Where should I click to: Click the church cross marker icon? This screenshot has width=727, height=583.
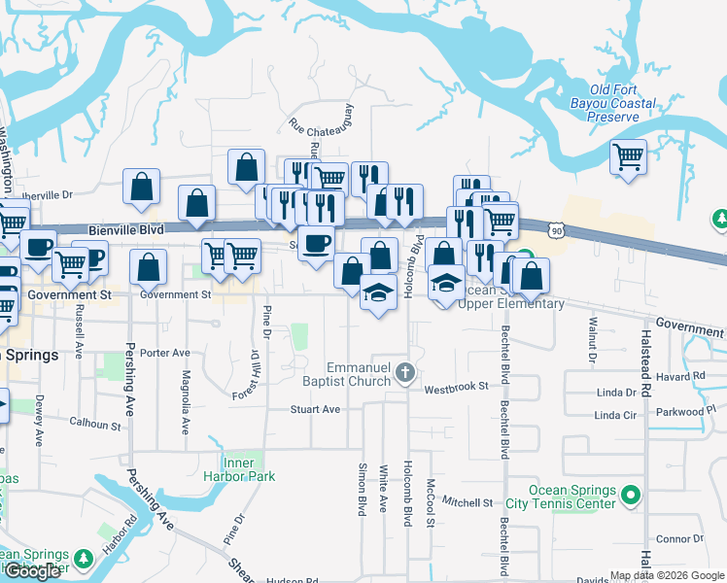[406, 372]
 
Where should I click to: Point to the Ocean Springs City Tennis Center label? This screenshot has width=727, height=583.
[572, 497]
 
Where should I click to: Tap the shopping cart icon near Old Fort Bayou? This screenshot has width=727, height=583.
[629, 155]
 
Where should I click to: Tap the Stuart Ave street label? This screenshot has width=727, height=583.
[316, 409]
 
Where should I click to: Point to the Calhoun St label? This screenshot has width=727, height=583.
[95, 423]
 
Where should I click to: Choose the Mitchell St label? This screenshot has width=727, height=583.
[467, 502]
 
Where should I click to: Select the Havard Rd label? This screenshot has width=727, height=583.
[679, 377]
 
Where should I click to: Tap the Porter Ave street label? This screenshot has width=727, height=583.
[163, 353]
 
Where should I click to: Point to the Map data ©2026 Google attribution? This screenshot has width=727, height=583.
[666, 575]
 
